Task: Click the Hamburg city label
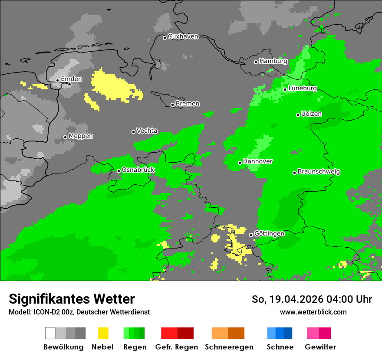click(x=273, y=61)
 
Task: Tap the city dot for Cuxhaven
click(x=165, y=38)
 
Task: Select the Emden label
click(x=71, y=79)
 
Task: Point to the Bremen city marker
click(x=172, y=105)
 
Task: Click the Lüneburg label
click(x=303, y=88)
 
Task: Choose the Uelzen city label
click(x=311, y=114)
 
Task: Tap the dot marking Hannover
click(x=240, y=163)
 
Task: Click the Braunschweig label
click(x=319, y=171)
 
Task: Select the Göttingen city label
click(x=269, y=233)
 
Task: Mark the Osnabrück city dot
click(x=119, y=171)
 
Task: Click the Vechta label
click(x=147, y=131)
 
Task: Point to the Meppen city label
click(x=81, y=136)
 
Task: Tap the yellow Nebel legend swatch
click(x=103, y=333)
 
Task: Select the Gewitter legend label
click(x=320, y=347)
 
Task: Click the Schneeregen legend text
click(x=229, y=347)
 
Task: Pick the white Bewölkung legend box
click(x=50, y=333)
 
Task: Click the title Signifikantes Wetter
click(x=72, y=299)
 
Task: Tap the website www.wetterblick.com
click(x=313, y=312)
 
